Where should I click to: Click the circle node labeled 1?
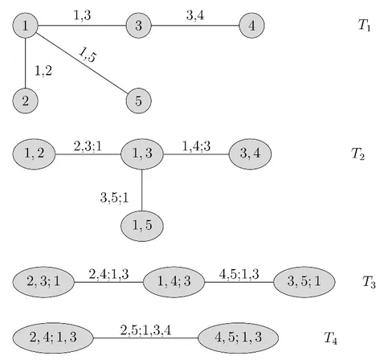coord(26,26)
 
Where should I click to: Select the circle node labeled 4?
coord(251,26)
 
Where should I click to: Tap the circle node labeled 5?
coord(139,100)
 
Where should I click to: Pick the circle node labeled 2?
coord(26,100)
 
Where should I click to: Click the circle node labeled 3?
coord(139,26)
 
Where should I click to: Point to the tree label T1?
coord(365,25)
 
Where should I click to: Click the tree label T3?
coord(369,282)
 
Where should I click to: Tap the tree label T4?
coord(330,337)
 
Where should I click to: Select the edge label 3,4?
coord(195,15)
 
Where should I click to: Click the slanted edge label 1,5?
coord(88,55)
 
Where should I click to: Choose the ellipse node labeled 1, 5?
coord(142,226)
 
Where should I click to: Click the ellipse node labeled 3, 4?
coord(250,153)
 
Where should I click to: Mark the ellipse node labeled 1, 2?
coord(34,153)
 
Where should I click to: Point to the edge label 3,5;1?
coord(114,198)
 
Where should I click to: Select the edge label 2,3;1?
coord(88,146)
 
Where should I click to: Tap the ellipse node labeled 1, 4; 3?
coord(174,282)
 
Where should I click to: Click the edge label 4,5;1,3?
coord(239,274)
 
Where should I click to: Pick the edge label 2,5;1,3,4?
coord(145,330)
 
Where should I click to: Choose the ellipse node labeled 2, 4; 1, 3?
coord(53,337)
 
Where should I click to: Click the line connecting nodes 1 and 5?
coord(82,63)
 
